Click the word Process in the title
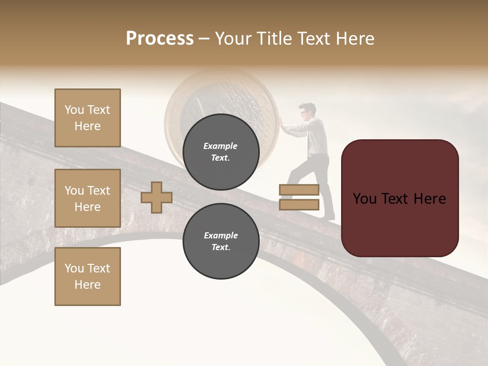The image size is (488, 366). (160, 39)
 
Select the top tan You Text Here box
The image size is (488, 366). (87, 118)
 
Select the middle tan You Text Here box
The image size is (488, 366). (87, 198)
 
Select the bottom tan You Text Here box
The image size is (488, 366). (87, 276)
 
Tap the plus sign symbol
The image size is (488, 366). (157, 197)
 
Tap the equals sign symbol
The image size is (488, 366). (299, 197)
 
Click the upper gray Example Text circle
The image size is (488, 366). (221, 151)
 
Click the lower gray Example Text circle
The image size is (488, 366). (221, 241)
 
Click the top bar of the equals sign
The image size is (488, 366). (299, 190)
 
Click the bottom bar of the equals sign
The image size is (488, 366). (299, 205)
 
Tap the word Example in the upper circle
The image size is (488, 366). (221, 146)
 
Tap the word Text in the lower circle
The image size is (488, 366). (221, 248)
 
